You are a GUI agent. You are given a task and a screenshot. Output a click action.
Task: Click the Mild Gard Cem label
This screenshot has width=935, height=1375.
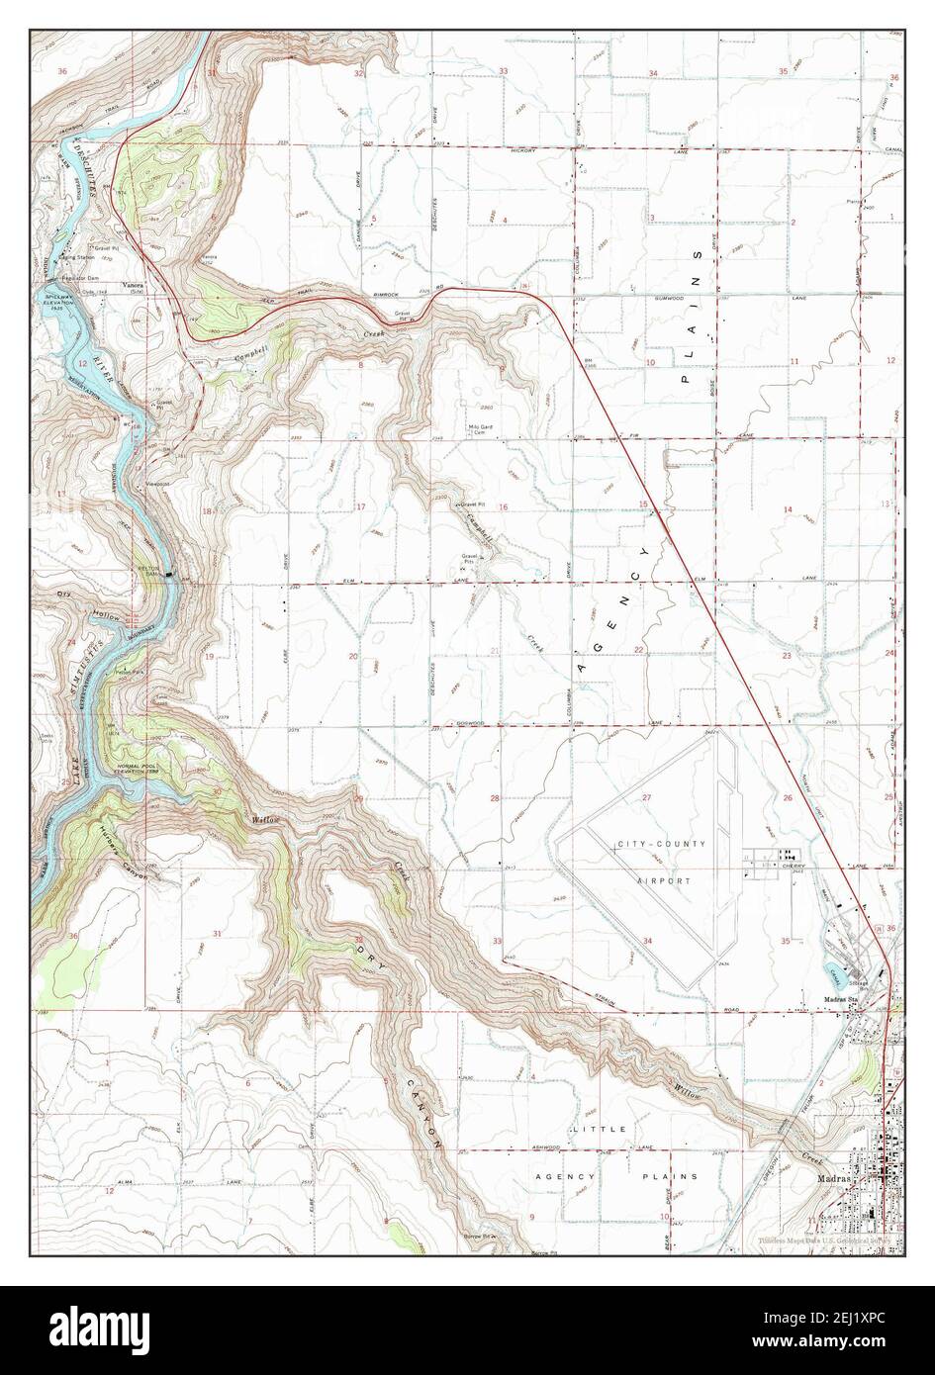[x=480, y=429]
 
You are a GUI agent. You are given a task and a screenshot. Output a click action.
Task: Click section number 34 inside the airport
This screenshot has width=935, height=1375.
[x=647, y=940]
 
